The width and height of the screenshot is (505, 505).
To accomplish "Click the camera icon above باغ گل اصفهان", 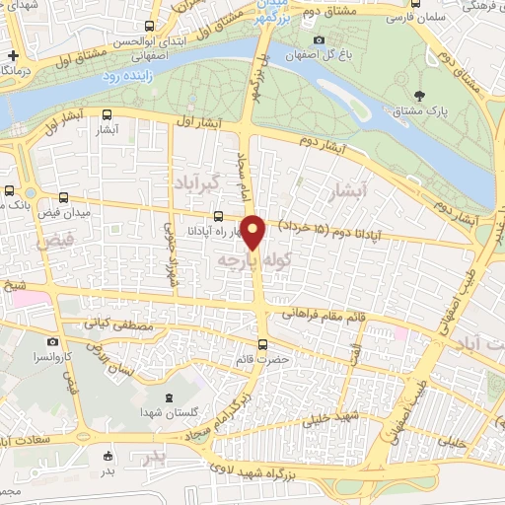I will (318, 39).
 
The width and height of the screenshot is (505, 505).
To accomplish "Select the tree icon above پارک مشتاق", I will (421, 96).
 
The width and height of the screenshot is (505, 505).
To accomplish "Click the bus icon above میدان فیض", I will (64, 197).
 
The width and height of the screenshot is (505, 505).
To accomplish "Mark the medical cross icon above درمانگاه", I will (12, 56).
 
